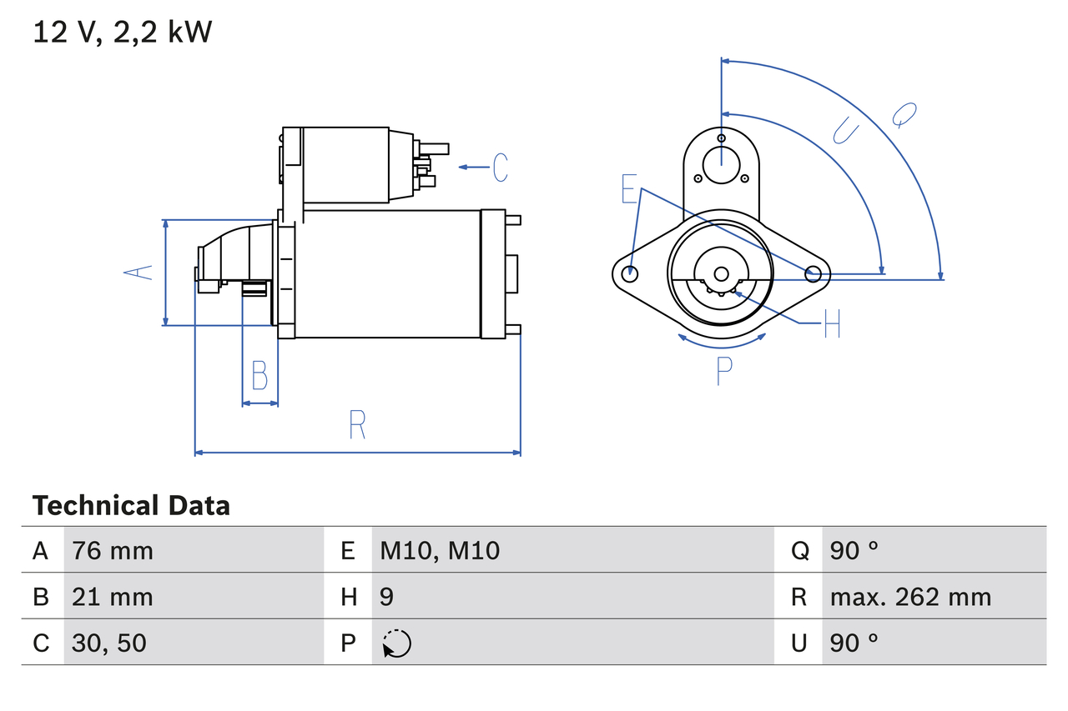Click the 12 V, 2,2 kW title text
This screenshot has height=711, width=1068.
(x=122, y=32)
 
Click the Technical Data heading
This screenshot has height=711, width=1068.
(x=131, y=506)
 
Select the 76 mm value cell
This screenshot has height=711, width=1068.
(x=113, y=550)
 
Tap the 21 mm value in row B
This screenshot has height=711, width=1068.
(x=113, y=597)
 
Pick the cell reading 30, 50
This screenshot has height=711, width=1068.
(x=109, y=643)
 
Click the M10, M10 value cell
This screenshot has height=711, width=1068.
(x=440, y=550)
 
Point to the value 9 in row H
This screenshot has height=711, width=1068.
(x=387, y=597)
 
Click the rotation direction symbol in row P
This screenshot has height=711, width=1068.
(x=396, y=643)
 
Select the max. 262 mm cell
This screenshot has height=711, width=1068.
(x=910, y=597)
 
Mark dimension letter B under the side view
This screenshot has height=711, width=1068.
(x=259, y=375)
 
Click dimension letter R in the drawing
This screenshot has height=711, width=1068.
(x=357, y=425)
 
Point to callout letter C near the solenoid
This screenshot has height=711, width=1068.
(x=500, y=168)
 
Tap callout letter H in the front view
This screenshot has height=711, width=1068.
(x=832, y=323)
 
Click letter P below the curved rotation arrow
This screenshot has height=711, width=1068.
(x=723, y=371)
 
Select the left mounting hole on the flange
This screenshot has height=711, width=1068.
(x=631, y=273)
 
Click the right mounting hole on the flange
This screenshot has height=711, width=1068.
(x=814, y=273)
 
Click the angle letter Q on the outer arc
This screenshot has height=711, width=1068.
(x=904, y=114)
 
